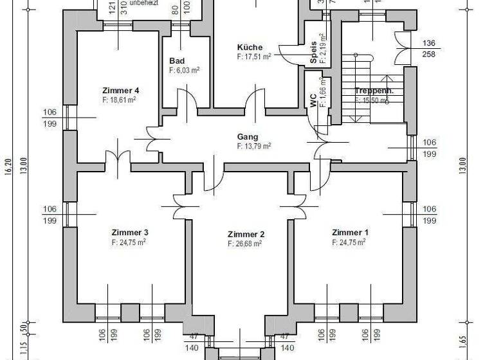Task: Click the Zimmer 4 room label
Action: click(x=120, y=91)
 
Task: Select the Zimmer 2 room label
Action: click(x=246, y=235)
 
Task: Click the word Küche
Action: click(x=249, y=48)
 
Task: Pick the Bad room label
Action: click(x=177, y=61)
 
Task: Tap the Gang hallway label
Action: click(x=248, y=137)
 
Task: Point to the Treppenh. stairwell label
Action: click(x=374, y=91)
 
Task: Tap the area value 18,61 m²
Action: click(x=120, y=100)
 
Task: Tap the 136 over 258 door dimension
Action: click(x=429, y=49)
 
